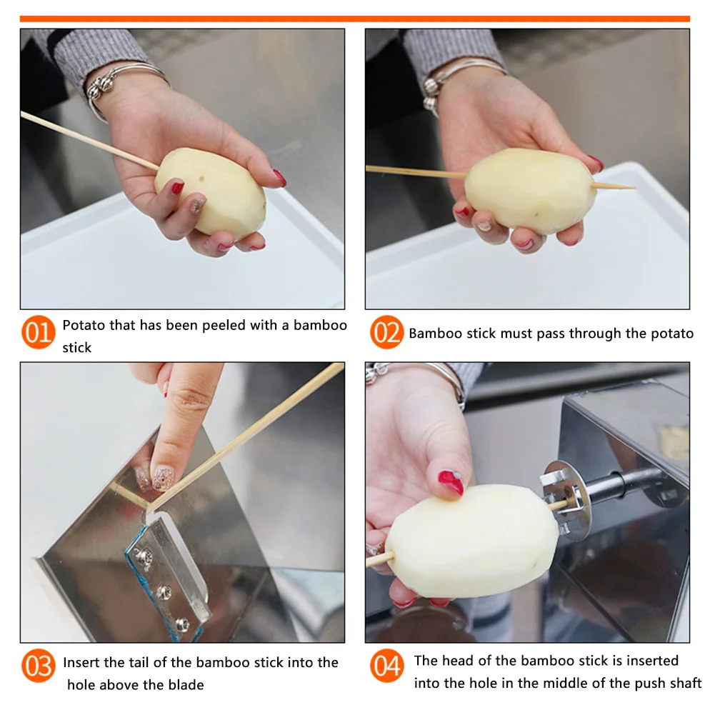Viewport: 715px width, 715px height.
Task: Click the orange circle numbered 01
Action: coord(39,332)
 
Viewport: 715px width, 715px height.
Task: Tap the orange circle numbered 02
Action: coord(386,332)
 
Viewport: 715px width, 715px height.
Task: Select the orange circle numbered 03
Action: coord(39,666)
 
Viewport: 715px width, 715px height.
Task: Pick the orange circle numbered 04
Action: coord(386,666)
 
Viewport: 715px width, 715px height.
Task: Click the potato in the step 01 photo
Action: coord(210,191)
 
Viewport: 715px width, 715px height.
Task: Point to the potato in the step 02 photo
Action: coord(530,191)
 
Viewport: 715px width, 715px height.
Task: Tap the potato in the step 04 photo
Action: coord(472,540)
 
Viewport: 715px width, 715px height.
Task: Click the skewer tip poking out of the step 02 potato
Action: coord(632,187)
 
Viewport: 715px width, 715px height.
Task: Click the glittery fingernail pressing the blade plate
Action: coord(163,478)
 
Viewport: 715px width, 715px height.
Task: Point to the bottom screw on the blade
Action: coord(182,624)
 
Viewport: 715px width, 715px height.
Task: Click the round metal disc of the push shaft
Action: coord(566,501)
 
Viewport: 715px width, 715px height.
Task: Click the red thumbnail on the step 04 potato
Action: coord(451,482)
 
